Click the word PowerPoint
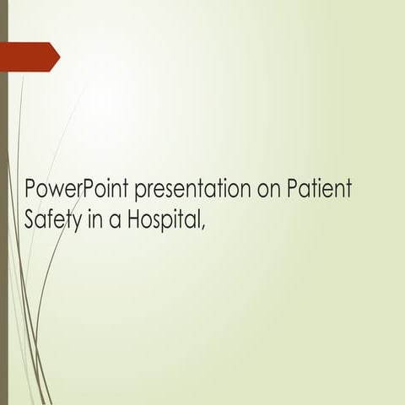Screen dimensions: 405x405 tap(74, 187)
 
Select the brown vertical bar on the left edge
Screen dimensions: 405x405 tap(3, 202)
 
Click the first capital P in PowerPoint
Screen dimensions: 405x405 tap(31, 187)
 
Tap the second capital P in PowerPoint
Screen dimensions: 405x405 tap(84, 187)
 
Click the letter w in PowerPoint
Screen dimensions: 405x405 tap(56, 189)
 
